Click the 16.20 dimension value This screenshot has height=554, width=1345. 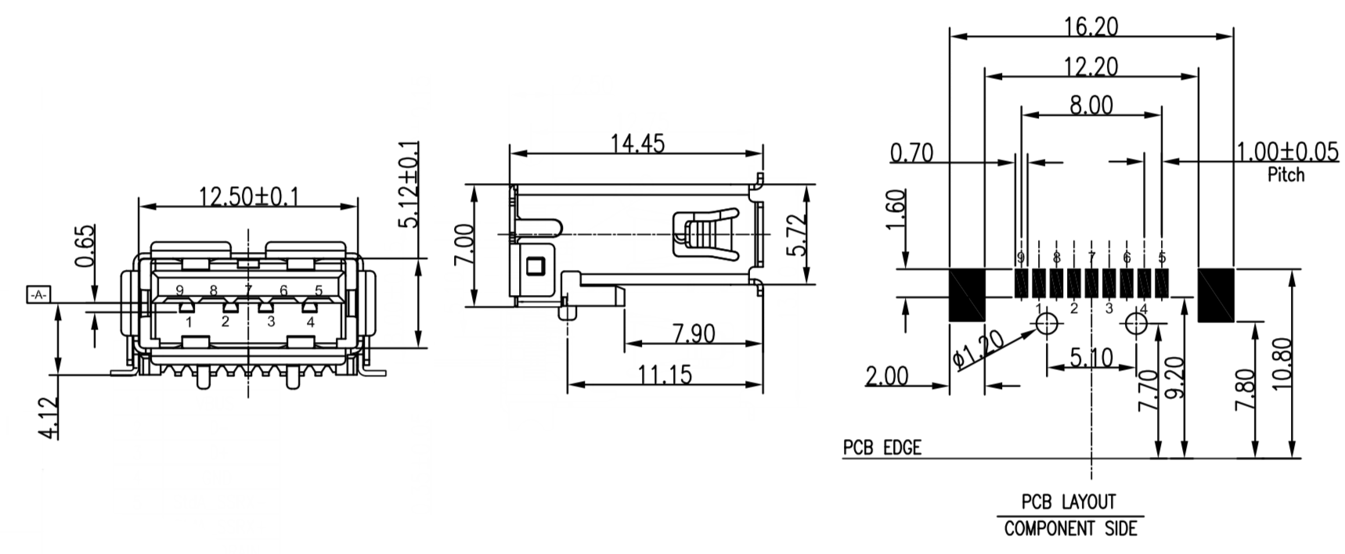click(x=1091, y=27)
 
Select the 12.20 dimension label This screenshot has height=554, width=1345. click(x=1091, y=67)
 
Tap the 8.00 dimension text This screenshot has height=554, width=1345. click(x=1091, y=105)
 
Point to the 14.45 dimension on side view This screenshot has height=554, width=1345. click(x=637, y=144)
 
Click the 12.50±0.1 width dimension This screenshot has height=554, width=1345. click(x=248, y=196)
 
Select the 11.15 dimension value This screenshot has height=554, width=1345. click(x=665, y=376)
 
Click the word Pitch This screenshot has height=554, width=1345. click(x=1286, y=174)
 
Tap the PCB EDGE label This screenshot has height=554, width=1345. click(x=882, y=448)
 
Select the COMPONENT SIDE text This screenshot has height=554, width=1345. click(x=1070, y=529)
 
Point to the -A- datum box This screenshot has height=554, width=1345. click(x=38, y=295)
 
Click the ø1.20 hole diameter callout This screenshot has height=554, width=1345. click(x=979, y=350)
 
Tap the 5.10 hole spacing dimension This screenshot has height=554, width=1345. click(x=1091, y=358)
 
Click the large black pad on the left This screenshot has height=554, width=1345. click(x=967, y=295)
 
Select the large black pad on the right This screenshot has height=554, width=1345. click(x=1216, y=295)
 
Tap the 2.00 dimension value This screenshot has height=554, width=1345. click(x=887, y=376)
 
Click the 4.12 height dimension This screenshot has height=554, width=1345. click(x=49, y=418)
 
